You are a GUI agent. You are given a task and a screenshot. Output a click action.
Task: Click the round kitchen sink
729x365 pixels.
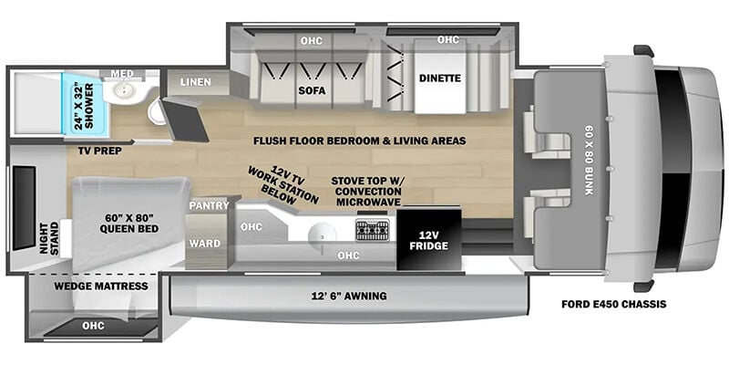(x=323, y=233)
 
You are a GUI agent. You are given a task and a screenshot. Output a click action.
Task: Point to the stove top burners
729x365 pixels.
(x=373, y=230)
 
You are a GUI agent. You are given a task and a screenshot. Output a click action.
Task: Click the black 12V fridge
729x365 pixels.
(x=428, y=239)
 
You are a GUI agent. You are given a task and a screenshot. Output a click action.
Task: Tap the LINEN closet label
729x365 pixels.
(x=195, y=82)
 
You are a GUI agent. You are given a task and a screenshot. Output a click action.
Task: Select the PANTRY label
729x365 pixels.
(x=209, y=205)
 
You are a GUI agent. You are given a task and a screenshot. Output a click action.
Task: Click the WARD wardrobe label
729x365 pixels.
(x=204, y=243)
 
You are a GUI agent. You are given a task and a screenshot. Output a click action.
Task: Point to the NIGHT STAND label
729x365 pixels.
(x=50, y=238)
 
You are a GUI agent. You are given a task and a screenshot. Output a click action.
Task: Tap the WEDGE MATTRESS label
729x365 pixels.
(x=101, y=286)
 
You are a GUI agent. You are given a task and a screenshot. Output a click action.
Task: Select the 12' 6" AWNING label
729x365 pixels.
(x=350, y=296)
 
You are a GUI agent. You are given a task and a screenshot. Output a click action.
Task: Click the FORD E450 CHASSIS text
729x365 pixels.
(x=613, y=305)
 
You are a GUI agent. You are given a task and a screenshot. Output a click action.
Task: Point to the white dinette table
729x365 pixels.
(x=440, y=76)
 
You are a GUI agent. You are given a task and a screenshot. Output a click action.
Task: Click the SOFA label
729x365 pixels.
(x=312, y=90)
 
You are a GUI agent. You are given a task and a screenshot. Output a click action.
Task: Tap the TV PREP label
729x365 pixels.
(x=100, y=151)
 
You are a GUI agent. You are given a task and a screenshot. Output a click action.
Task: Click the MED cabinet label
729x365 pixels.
(x=122, y=74)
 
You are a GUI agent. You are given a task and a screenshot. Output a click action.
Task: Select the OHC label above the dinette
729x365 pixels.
(x=447, y=39)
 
